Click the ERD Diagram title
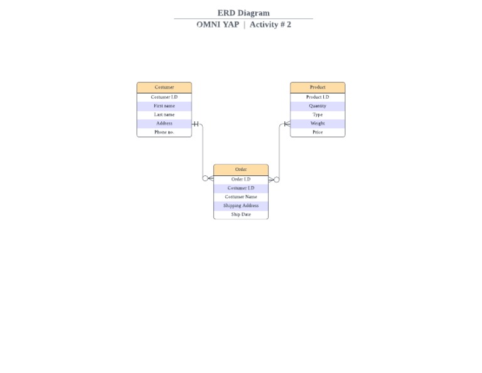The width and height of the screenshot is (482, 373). [x=244, y=13]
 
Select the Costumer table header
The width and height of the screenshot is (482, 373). [x=164, y=87]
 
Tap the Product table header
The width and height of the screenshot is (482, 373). [x=318, y=87]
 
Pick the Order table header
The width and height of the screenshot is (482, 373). [x=241, y=170]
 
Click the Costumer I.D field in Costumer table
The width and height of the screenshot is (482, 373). [x=164, y=97]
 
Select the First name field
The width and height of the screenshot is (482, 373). [x=164, y=106]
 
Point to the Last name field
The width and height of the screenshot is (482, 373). [x=164, y=115]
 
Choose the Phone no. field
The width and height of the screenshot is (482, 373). [x=164, y=132]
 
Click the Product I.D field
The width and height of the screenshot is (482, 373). [x=318, y=97]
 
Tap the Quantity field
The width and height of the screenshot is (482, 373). [x=318, y=106]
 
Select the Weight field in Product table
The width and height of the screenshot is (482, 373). [x=318, y=124]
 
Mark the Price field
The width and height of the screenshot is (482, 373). [x=318, y=132]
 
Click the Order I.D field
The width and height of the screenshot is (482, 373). [x=241, y=180]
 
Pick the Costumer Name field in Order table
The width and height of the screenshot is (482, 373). [x=241, y=197]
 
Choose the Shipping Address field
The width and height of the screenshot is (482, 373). [x=241, y=206]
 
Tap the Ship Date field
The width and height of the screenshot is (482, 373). [x=241, y=215]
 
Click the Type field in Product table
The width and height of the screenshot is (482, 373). [x=318, y=115]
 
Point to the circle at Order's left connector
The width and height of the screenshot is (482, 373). [x=205, y=178]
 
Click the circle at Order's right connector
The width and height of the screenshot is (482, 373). [x=277, y=180]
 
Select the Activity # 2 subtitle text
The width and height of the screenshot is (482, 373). [x=270, y=24]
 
